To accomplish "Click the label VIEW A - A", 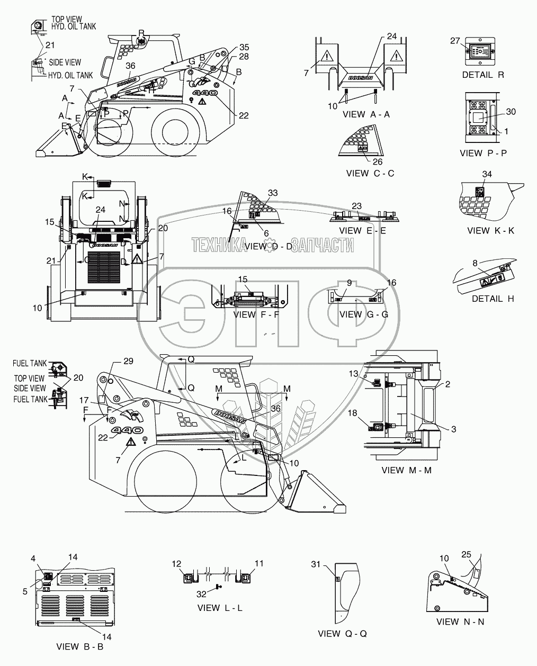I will click(x=366, y=114).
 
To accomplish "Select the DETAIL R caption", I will click(x=483, y=75).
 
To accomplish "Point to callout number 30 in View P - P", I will click(x=511, y=112).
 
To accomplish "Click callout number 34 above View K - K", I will click(x=487, y=174).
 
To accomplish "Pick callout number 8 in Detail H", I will click(x=475, y=262).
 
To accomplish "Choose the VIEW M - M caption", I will click(x=406, y=470).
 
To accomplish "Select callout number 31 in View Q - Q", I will click(x=316, y=565).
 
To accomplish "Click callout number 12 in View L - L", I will click(x=176, y=565).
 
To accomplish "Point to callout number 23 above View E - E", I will click(x=356, y=206).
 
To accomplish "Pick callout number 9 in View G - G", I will click(x=349, y=283).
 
